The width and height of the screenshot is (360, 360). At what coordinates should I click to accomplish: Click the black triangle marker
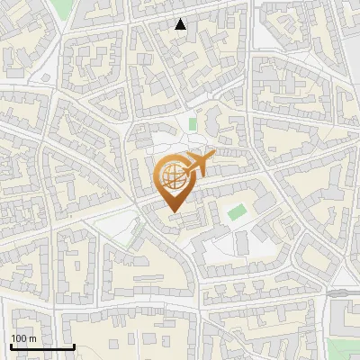click(180, 24)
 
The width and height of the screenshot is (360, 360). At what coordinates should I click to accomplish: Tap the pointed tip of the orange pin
click(172, 211)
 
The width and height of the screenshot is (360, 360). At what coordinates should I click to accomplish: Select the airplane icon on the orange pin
click(198, 164)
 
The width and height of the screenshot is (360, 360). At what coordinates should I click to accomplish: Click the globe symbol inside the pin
click(172, 177)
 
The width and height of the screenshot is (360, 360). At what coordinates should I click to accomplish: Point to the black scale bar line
click(41, 346)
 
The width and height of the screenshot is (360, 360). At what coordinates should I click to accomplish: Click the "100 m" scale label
click(23, 338)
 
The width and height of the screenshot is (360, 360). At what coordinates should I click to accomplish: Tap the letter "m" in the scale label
click(32, 338)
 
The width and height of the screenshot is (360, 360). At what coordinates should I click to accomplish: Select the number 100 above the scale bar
click(19, 338)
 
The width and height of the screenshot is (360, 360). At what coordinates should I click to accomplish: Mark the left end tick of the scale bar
click(11, 346)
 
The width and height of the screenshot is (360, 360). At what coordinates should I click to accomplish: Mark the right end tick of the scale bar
click(73, 346)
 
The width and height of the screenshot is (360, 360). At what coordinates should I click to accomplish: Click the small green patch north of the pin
click(192, 123)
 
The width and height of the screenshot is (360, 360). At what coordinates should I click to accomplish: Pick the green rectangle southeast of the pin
click(236, 213)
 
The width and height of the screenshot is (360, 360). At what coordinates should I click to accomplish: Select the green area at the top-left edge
click(61, 7)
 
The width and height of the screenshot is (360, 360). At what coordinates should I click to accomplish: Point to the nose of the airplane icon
click(213, 157)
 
